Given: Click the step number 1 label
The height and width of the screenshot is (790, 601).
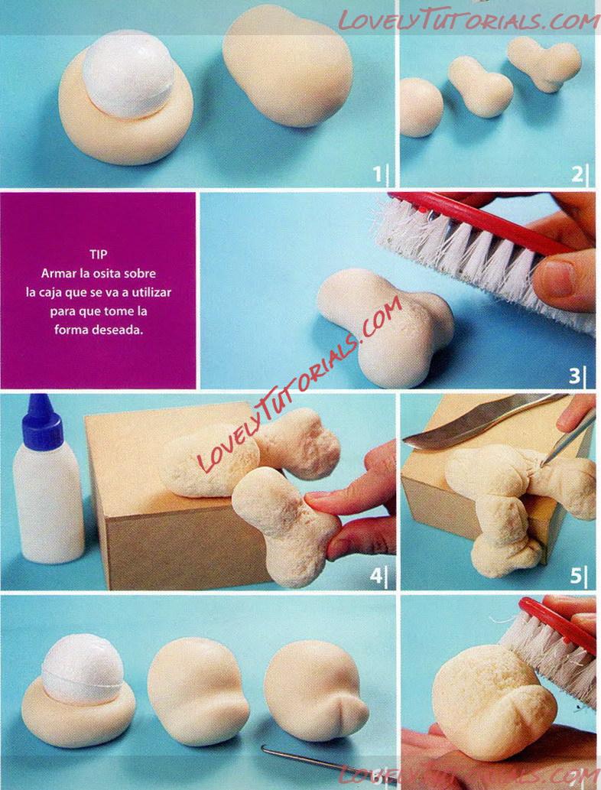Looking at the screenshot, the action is click(x=377, y=174).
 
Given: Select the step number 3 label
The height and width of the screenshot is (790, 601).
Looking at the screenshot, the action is click(x=575, y=375).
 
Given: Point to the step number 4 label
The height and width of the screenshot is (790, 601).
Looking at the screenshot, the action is click(x=375, y=575).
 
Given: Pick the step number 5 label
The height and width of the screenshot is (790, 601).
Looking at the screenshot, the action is click(x=576, y=575).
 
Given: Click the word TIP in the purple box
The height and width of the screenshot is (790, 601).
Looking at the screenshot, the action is click(x=98, y=255).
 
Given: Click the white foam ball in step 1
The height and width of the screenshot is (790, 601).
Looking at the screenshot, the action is click(x=129, y=74).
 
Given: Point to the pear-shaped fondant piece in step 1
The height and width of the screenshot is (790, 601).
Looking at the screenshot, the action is click(x=288, y=66).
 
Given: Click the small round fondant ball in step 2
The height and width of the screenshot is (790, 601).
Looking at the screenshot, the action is click(x=421, y=107).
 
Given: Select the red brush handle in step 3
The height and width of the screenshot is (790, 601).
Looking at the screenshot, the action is click(x=483, y=222).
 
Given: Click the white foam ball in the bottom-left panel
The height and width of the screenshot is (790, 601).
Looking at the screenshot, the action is click(x=83, y=668).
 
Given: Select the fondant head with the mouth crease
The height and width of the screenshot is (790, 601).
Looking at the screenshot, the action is click(x=316, y=691).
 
